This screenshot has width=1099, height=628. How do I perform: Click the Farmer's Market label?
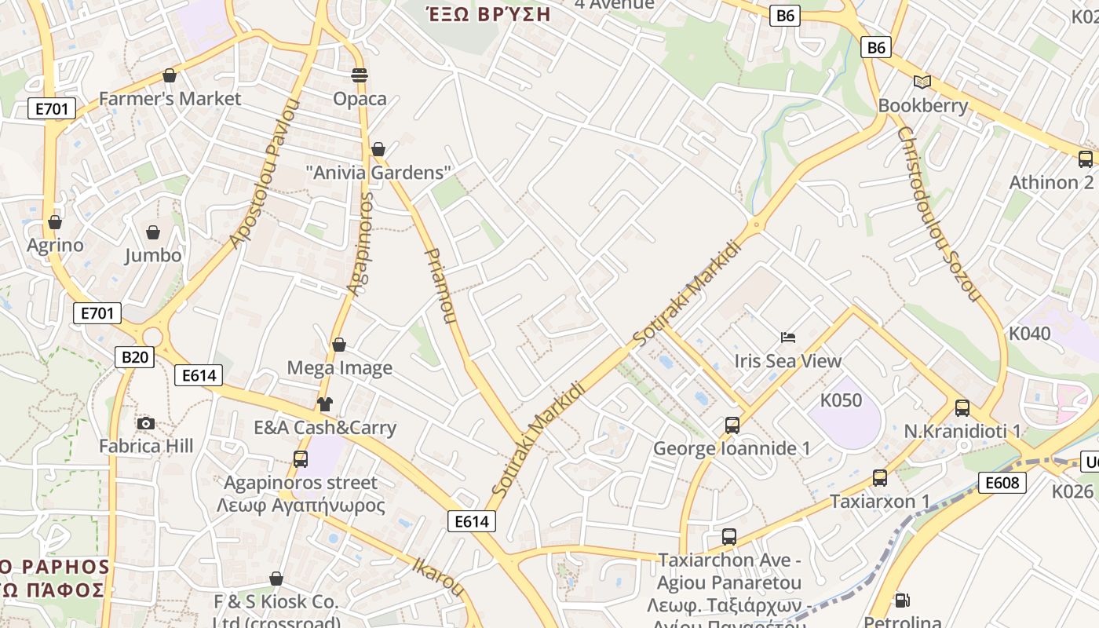[x=170, y=99]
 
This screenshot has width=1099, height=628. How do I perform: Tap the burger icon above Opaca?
[x=360, y=75]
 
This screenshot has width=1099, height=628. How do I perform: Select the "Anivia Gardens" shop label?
[x=378, y=173]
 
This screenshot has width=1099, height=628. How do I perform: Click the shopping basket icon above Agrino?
[x=55, y=222]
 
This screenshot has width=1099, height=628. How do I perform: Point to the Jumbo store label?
[x=153, y=255]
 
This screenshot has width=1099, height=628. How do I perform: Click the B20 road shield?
[x=134, y=357]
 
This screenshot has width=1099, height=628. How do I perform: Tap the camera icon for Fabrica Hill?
[x=145, y=424]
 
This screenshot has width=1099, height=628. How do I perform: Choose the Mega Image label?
[x=339, y=367]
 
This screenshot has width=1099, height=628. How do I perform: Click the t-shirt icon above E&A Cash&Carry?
[x=325, y=404]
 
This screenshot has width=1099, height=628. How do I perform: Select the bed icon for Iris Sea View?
[x=788, y=338]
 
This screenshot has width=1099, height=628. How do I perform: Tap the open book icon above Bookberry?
[x=922, y=82]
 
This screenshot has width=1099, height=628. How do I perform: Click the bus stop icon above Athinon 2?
[x=1086, y=159]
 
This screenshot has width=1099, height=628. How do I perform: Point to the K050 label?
[x=841, y=400]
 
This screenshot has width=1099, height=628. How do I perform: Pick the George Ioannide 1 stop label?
[x=732, y=449]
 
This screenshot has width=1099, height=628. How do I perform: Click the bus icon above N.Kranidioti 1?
[x=962, y=408]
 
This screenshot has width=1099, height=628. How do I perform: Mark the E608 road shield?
[x=1002, y=482]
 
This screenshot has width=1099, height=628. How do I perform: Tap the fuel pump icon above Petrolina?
[x=903, y=601]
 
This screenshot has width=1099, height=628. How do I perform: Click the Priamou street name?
[x=440, y=286]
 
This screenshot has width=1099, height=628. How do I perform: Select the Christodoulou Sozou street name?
[x=939, y=214]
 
